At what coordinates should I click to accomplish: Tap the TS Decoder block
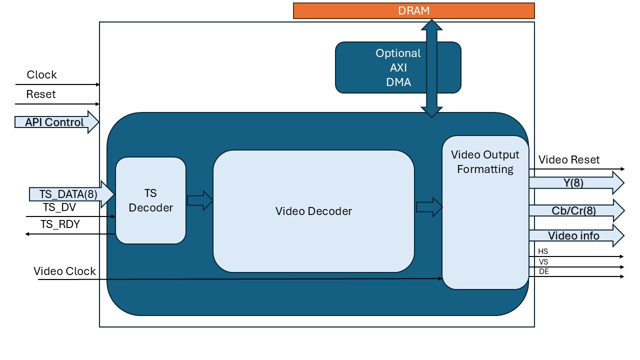tap(150, 200)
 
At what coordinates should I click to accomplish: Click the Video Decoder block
tap(313, 211)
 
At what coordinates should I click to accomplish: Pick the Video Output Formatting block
tap(485, 212)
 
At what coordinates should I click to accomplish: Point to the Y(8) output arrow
tap(575, 183)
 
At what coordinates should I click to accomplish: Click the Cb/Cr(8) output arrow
tap(575, 210)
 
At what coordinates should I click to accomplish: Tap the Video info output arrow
tap(575, 235)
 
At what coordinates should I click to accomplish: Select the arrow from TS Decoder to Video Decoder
tap(199, 201)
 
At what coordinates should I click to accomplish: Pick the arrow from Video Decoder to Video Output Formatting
tap(429, 206)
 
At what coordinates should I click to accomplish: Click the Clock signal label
tap(41, 75)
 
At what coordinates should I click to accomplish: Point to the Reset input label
tap(41, 94)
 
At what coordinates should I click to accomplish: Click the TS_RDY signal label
tap(60, 224)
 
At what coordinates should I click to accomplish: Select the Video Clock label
tap(64, 271)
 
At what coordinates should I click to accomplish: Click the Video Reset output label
tap(569, 160)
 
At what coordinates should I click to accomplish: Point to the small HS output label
tap(543, 251)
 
